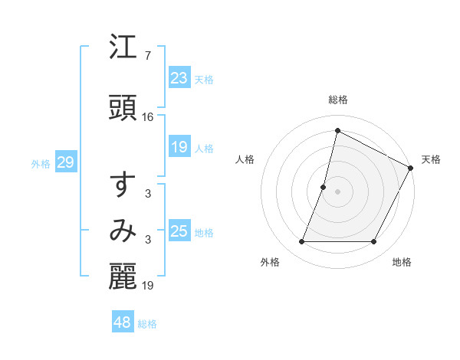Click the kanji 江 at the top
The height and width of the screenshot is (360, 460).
(x=123, y=49)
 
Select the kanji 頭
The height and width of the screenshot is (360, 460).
(x=123, y=107)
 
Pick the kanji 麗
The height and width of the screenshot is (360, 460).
(x=123, y=277)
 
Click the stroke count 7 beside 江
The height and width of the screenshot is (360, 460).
(x=148, y=56)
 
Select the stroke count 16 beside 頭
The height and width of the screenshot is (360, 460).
(x=148, y=117)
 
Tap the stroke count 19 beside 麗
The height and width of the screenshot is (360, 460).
(x=148, y=286)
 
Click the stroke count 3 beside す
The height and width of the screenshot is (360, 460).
(x=148, y=194)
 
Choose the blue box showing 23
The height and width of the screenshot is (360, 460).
(x=179, y=78)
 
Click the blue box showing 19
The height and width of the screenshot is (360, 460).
(x=179, y=147)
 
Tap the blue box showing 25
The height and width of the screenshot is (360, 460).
(x=179, y=231)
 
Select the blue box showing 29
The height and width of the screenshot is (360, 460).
(x=65, y=162)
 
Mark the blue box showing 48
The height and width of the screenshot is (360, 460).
(x=123, y=322)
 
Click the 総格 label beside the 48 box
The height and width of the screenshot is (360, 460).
(x=147, y=324)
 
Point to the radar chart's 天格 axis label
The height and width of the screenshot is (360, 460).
(x=431, y=159)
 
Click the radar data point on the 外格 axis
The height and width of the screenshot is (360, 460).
(x=301, y=242)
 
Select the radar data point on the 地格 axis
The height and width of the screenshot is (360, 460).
(x=374, y=242)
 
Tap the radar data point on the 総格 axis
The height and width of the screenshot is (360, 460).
(x=337, y=131)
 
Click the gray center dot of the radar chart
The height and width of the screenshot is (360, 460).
(x=337, y=191)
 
